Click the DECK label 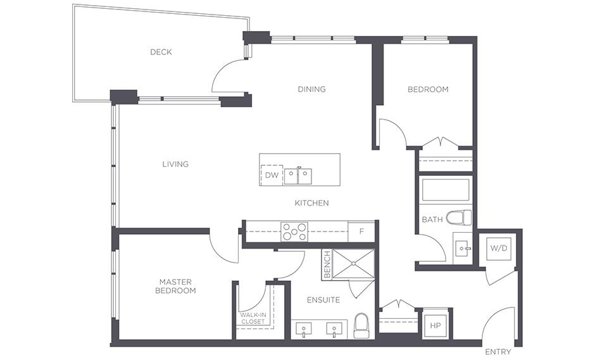(161, 52)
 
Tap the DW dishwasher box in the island (272, 175)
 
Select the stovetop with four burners (294, 232)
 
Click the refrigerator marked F (361, 232)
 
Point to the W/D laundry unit (499, 249)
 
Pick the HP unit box (435, 325)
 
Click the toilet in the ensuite (361, 326)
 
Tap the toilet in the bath (458, 218)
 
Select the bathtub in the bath (446, 190)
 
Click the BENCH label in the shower (327, 264)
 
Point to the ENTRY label (498, 352)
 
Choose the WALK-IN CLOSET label (253, 318)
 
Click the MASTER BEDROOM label (175, 286)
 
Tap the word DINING (311, 89)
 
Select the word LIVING (175, 164)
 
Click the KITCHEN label (311, 203)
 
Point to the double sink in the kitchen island (298, 177)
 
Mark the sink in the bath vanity (463, 249)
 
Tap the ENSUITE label (323, 300)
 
